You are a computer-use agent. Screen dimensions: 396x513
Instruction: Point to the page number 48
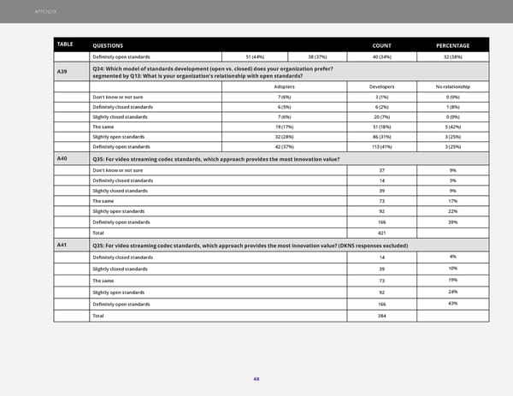[256, 381]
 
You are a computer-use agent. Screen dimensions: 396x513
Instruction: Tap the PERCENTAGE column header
[452, 44]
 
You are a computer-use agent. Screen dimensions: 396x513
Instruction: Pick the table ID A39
[62, 72]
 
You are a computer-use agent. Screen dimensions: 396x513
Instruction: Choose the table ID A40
[62, 159]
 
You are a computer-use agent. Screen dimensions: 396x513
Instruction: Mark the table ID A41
[62, 245]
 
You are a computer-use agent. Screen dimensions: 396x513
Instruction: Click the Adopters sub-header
[286, 86]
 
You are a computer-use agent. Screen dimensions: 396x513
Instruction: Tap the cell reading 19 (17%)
[286, 123]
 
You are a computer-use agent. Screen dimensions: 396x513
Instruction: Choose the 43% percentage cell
[452, 304]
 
